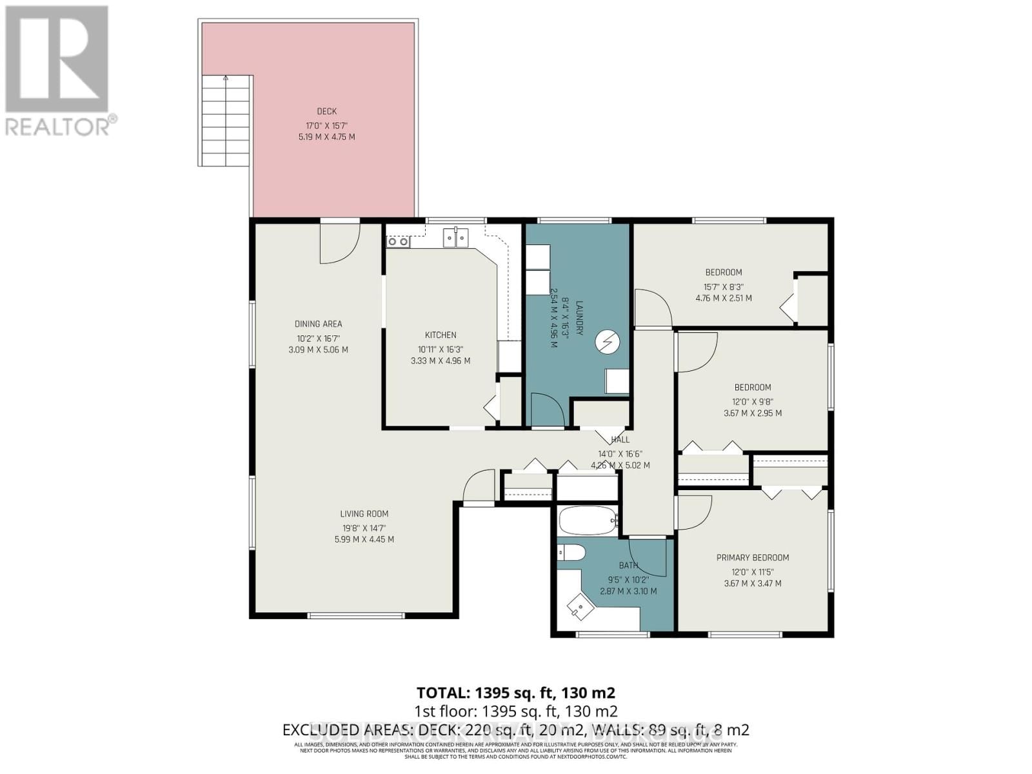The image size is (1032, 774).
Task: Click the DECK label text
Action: pos(326,112)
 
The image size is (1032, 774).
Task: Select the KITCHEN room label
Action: pos(441,335)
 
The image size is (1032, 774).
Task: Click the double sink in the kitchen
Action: pos(456,239)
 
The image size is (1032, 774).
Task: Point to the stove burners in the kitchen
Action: pos(397,242)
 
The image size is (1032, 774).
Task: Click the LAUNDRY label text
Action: pos(579,317)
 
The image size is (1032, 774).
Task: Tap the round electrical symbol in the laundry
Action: pos(607,342)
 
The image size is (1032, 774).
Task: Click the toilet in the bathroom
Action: pos(571,553)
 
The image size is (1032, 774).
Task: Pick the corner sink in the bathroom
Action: pos(580,606)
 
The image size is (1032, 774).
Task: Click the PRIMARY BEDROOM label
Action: pos(753,557)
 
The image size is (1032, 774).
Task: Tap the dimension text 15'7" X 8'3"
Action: pos(723,286)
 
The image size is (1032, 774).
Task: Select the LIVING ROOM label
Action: pos(364,513)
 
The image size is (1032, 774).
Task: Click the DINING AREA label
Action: pos(318,324)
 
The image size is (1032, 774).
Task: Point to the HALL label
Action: pos(620,440)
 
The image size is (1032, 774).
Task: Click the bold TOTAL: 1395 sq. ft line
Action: pos(516,693)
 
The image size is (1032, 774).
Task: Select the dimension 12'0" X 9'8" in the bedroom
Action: pos(753,401)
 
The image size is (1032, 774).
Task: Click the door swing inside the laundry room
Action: pos(546,410)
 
